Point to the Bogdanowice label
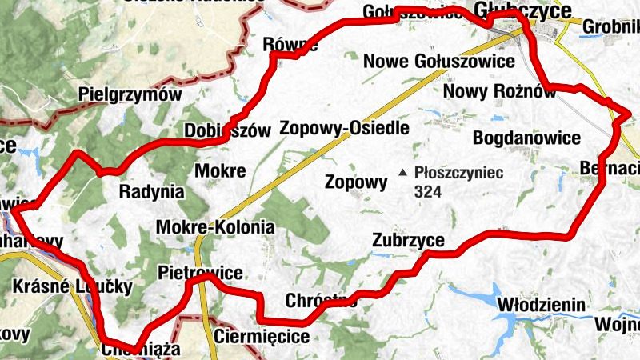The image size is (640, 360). (x=526, y=138)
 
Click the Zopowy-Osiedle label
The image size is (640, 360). (x=344, y=128)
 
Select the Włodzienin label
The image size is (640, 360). (x=542, y=305)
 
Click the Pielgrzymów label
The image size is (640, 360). (x=130, y=94)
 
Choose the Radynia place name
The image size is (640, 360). (x=151, y=192)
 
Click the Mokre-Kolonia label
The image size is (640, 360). (x=215, y=227)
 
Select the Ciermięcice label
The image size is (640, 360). (x=262, y=336)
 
